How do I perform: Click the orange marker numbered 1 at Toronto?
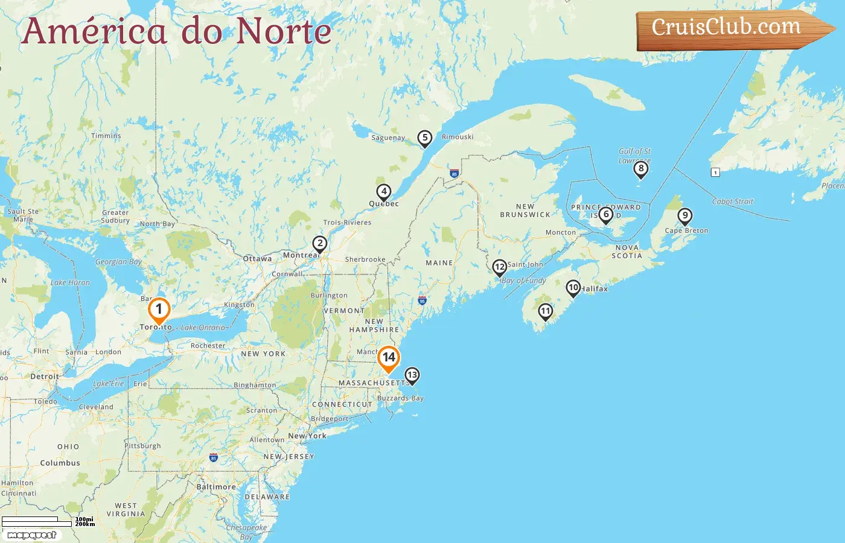(x=159, y=310)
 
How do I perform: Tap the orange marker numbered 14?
(x=389, y=358)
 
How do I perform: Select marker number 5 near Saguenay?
(x=425, y=138)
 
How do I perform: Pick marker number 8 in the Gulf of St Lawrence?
(x=641, y=169)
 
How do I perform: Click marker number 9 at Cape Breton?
(x=684, y=215)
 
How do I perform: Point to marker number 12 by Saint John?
(x=499, y=267)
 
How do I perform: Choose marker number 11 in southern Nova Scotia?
(x=545, y=311)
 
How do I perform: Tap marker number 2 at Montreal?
(x=319, y=244)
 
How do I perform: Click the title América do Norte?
(x=176, y=31)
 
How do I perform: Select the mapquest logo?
(x=31, y=535)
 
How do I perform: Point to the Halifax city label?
(x=595, y=289)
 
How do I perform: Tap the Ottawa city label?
(x=257, y=259)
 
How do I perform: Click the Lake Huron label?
(x=70, y=282)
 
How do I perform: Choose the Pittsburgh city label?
(x=143, y=446)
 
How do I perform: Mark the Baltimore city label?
(x=216, y=487)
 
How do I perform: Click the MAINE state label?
(x=439, y=263)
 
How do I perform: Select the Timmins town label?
(x=106, y=136)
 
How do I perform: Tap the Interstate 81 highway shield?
(x=213, y=458)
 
